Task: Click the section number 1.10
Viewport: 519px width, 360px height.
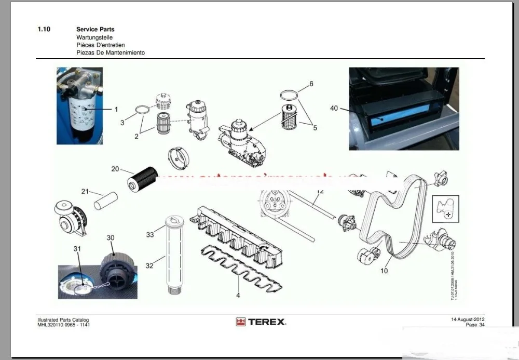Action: point(44,30)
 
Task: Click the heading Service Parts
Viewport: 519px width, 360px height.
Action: point(95,30)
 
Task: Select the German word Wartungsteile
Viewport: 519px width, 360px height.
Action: point(94,37)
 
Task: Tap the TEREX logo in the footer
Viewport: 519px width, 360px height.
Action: point(261,322)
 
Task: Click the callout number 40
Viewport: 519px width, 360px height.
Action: point(334,108)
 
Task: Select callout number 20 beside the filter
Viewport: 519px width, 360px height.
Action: point(115,169)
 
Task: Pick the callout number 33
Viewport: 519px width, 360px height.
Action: point(150,235)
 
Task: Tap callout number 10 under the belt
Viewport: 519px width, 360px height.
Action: point(384,271)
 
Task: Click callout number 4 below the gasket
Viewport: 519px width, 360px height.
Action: point(238,296)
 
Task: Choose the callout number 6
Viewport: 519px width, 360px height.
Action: point(311,84)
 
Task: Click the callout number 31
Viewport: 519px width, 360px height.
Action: point(77,249)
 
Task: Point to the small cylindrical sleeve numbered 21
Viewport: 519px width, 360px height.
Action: point(106,201)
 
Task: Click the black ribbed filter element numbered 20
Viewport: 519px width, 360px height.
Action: point(142,178)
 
